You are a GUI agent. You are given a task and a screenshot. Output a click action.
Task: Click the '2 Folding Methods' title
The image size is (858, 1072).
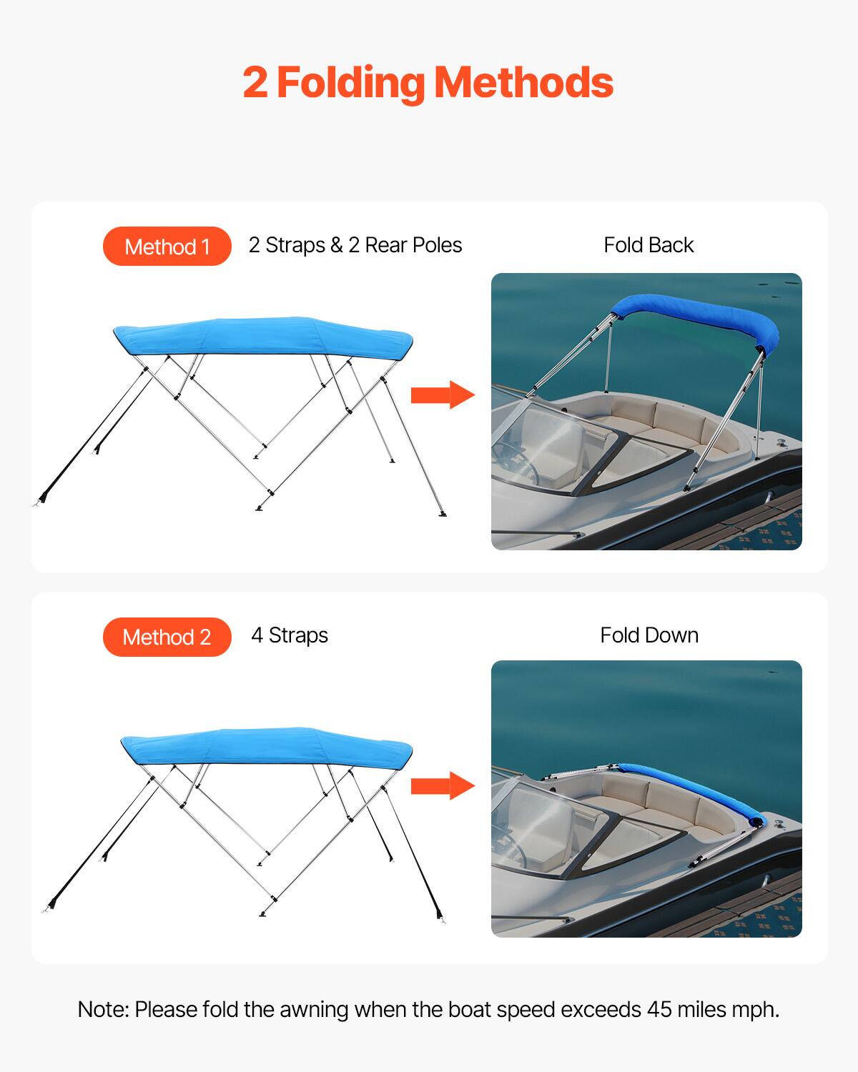(428, 83)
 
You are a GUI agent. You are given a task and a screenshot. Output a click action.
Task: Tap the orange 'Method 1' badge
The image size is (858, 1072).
(167, 247)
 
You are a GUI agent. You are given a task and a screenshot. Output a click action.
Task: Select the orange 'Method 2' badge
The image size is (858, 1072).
(167, 637)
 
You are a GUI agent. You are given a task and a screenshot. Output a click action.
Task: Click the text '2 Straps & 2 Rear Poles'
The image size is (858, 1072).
(355, 245)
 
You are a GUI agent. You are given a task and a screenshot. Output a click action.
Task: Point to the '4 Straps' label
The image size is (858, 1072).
(290, 635)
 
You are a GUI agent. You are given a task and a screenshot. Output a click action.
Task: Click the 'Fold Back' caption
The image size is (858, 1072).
(649, 245)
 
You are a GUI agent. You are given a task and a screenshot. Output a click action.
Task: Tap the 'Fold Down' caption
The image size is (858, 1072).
(649, 635)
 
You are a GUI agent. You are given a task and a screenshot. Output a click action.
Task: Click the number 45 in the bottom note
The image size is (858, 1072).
(659, 1009)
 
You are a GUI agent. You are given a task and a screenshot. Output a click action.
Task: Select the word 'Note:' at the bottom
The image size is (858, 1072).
(103, 1009)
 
